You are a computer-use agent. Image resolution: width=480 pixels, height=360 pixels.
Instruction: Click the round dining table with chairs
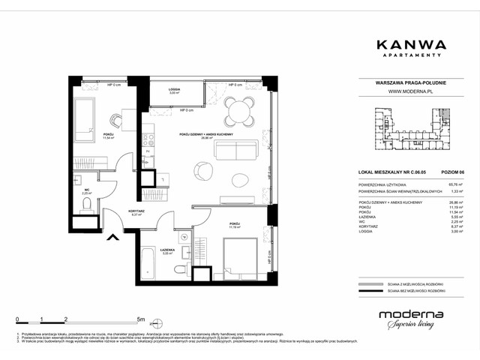tap(238, 114)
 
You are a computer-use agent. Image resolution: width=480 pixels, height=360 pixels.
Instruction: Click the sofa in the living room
tap(236, 150)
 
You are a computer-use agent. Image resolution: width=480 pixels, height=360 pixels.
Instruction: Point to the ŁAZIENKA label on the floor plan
tap(167, 250)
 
